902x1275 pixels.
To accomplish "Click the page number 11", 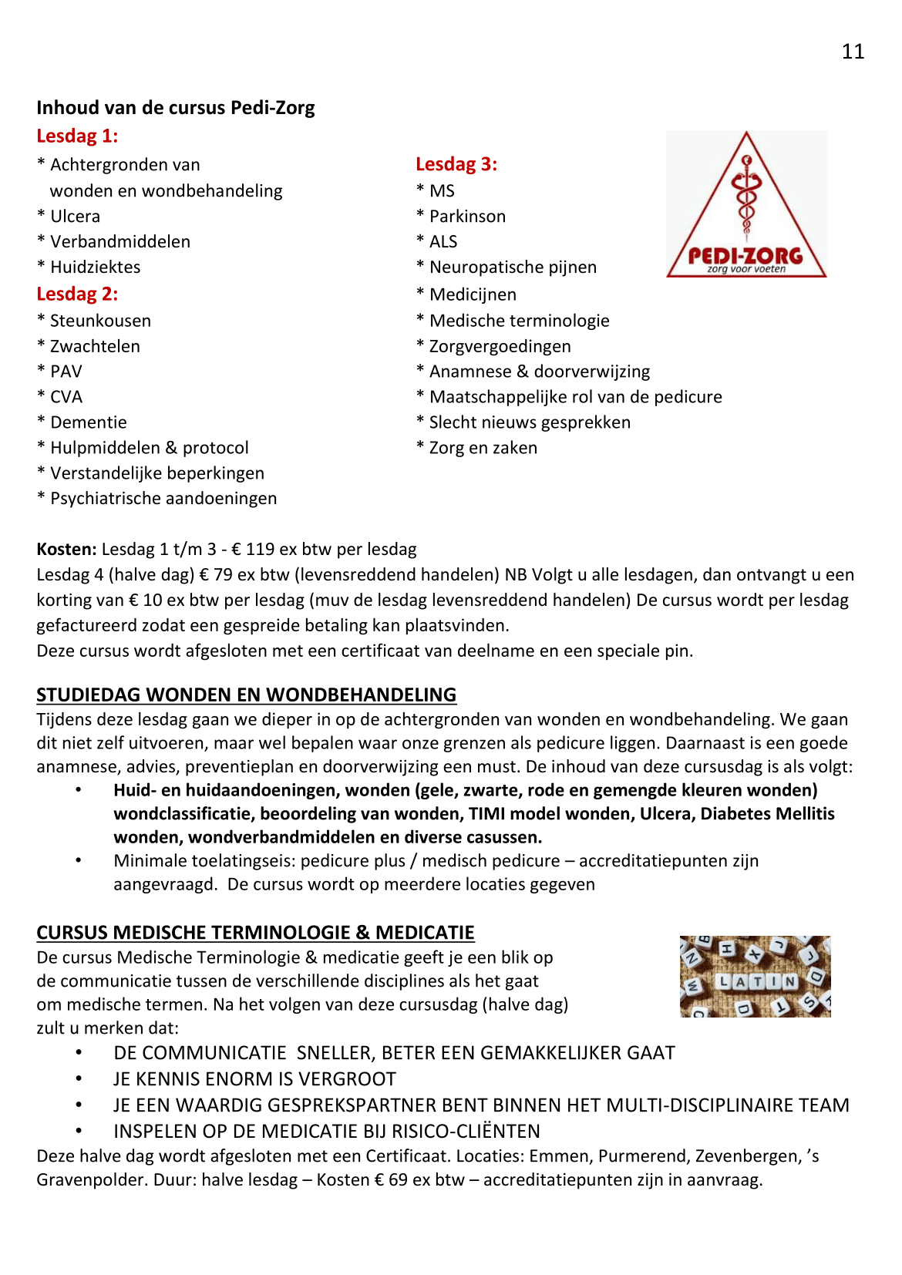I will tap(853, 52).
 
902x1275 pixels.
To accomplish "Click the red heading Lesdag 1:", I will tap(77, 136).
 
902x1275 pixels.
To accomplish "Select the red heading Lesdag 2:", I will tap(77, 294).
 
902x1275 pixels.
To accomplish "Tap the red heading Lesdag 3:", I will tap(456, 164).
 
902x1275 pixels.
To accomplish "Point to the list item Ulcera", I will tap(75, 217).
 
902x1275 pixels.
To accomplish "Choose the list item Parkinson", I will tap(467, 217).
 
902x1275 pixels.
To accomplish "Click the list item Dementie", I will tap(88, 422).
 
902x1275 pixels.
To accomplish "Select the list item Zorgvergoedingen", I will tap(500, 347).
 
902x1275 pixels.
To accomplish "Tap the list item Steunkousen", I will tap(100, 321).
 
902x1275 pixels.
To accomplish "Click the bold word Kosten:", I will tap(66, 550).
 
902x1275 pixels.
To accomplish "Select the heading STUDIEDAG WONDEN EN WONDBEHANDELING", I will tap(246, 695).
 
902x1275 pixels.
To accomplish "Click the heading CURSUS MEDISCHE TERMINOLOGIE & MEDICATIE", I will tap(255, 933).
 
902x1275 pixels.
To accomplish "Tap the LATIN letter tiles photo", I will tap(755, 977).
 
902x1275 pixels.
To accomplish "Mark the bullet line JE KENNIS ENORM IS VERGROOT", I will tap(254, 1079).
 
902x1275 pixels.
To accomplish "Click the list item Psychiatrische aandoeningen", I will tap(163, 499).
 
